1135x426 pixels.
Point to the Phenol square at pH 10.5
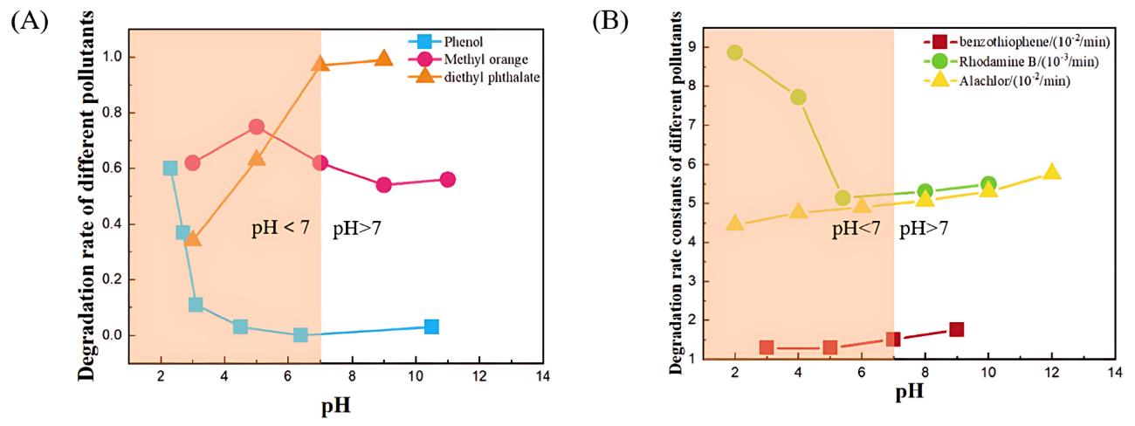431,326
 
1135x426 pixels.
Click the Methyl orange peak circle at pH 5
257,127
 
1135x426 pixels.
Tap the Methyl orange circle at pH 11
447,179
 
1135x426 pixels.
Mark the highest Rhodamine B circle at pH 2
735,52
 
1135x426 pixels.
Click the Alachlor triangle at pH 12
1052,172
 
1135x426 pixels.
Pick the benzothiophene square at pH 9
957,329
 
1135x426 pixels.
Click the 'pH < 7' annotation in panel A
282,231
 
